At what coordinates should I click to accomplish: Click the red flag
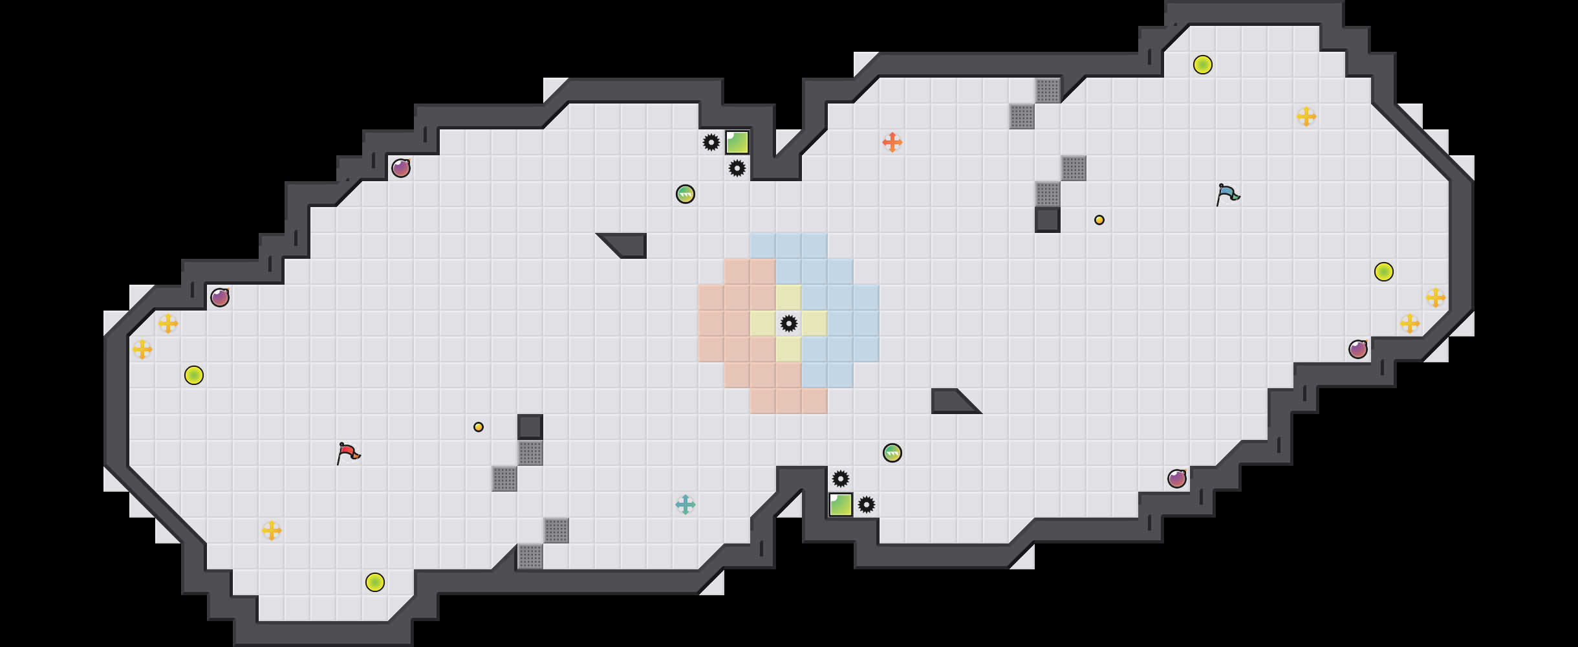(347, 452)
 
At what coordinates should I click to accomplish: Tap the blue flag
(1226, 193)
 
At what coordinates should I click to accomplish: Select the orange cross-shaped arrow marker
(892, 142)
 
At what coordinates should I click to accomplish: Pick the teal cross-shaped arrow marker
(686, 505)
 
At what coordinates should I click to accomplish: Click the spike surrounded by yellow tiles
(789, 323)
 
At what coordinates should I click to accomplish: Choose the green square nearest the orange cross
(737, 142)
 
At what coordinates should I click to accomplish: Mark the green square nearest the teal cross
(841, 505)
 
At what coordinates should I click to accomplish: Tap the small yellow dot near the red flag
(479, 427)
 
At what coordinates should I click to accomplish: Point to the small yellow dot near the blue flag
(1099, 220)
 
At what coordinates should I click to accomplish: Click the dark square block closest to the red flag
(530, 427)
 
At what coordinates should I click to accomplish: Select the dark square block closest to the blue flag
(1048, 220)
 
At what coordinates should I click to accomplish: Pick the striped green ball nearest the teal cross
(892, 453)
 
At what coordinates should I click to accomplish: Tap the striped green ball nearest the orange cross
(686, 194)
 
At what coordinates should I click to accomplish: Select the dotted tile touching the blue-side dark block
(1048, 194)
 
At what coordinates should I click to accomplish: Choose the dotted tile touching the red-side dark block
(530, 453)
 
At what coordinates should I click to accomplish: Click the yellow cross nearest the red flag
(272, 531)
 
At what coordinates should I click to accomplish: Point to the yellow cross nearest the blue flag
(1306, 116)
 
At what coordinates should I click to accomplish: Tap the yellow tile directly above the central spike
(789, 298)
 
